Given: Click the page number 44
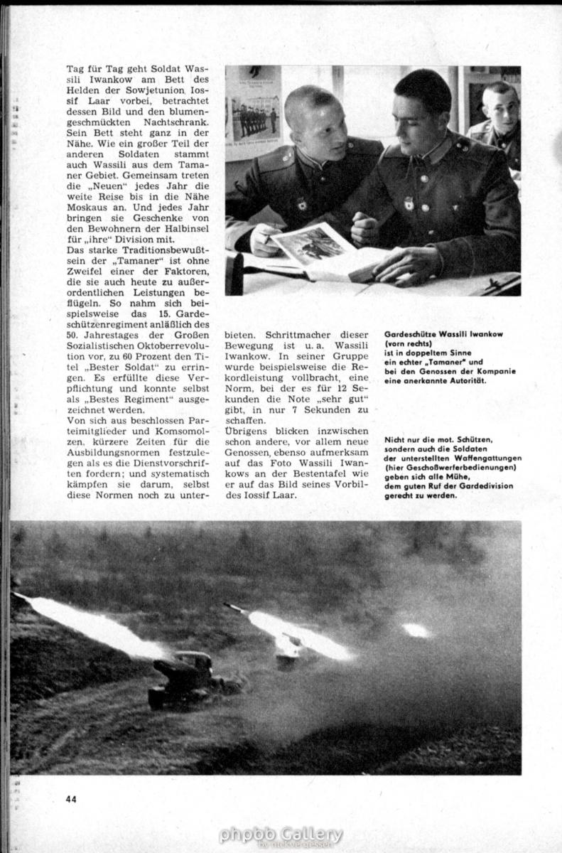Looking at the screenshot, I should point(71,798).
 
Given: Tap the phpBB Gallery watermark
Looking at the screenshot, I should point(281,835).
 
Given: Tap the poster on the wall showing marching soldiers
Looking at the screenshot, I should point(253,114).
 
